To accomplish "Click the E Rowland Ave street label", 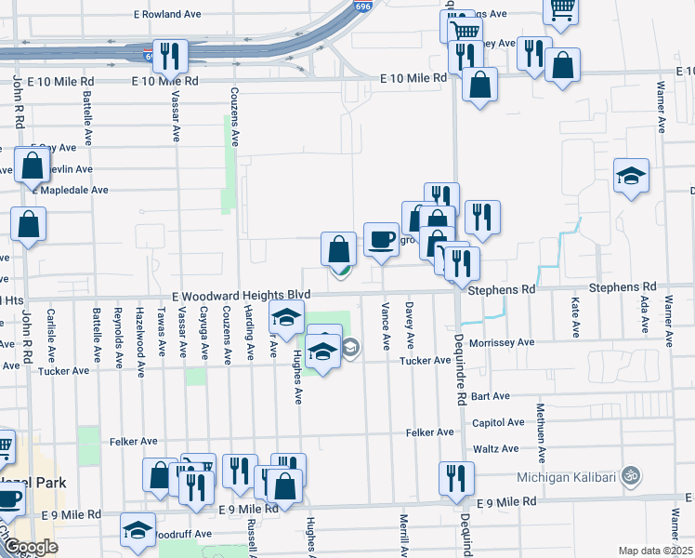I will pyautogui.click(x=168, y=15).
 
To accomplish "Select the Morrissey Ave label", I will pyautogui.click(x=501, y=342).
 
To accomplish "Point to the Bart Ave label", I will pyautogui.click(x=491, y=396).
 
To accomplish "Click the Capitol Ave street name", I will pyautogui.click(x=497, y=422).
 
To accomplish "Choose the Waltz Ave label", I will pyautogui.click(x=495, y=449).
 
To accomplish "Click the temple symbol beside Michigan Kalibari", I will pyautogui.click(x=632, y=475).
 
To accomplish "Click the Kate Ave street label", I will pyautogui.click(x=576, y=317).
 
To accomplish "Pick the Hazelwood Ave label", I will pyautogui.click(x=139, y=331).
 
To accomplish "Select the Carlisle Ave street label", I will pyautogui.click(x=53, y=330).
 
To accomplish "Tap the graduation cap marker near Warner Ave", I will pyautogui.click(x=632, y=177).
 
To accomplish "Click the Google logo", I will pyautogui.click(x=31, y=548).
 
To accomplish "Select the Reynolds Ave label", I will pyautogui.click(x=117, y=331).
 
